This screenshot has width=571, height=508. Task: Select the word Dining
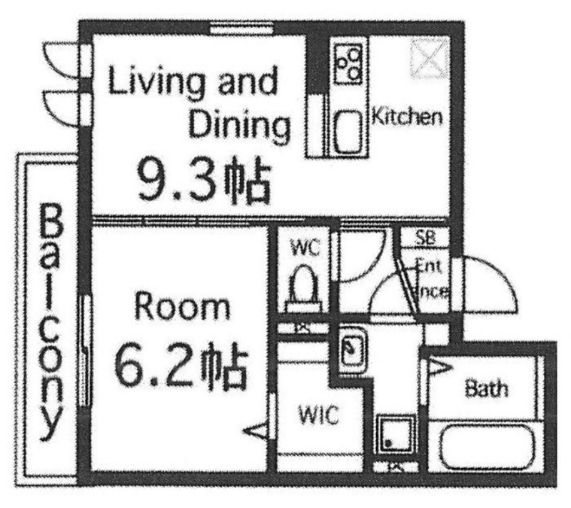click(x=240, y=126)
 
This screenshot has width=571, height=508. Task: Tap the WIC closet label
click(x=318, y=414)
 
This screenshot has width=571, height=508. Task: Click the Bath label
click(x=487, y=389)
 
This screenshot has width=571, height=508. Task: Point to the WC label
click(x=304, y=249)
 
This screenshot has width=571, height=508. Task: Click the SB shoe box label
click(x=431, y=238)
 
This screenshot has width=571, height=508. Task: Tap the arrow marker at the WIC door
click(x=257, y=430)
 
